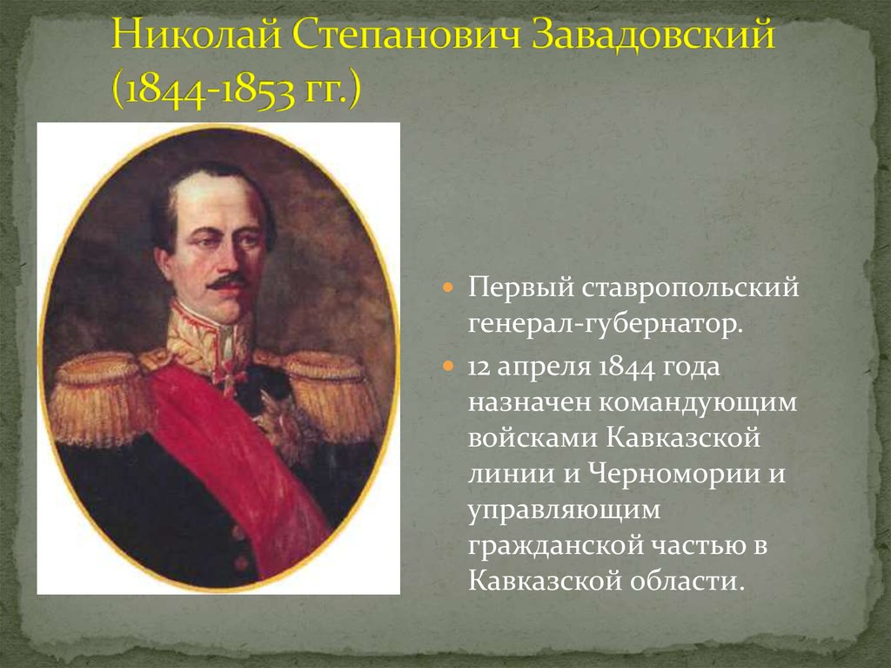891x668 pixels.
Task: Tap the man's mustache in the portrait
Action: click(229, 281)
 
